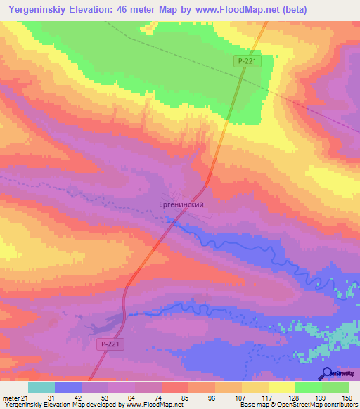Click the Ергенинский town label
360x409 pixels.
181,204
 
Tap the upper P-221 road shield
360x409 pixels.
247,62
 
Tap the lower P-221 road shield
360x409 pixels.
108,344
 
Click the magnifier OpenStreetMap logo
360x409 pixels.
328,373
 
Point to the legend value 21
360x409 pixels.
25,398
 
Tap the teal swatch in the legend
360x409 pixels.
41,387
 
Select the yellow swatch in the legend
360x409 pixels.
255,387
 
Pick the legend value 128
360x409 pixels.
293,398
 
